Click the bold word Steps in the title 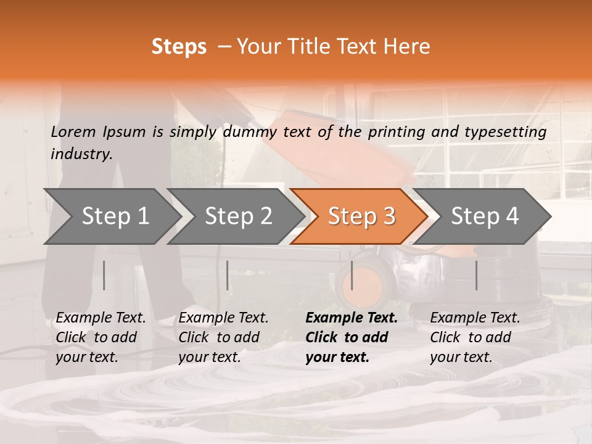tap(179, 47)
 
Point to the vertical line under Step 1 tap(104, 275)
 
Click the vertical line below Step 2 tap(228, 275)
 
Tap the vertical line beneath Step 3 tap(352, 275)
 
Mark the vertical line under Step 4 tap(477, 275)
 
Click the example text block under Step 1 tap(101, 337)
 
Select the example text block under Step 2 tap(223, 337)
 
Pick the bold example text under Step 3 tap(351, 337)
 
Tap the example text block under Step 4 tap(475, 337)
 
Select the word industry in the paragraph tap(81, 154)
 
